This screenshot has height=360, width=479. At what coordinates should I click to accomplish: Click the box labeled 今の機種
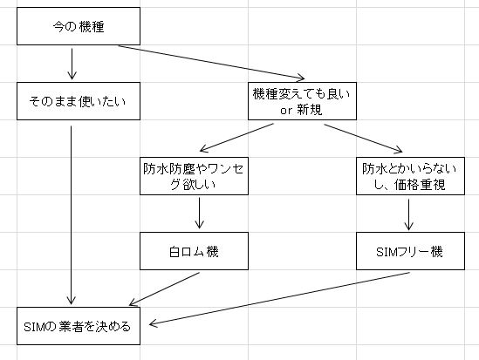[x=79, y=27]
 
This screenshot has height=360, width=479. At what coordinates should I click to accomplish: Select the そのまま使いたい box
[x=79, y=101]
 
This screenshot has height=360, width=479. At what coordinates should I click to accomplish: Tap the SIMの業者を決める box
[x=79, y=327]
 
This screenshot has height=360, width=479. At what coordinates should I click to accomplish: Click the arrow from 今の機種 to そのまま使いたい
[x=70, y=64]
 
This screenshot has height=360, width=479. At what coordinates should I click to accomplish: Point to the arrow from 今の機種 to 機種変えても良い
[x=209, y=64]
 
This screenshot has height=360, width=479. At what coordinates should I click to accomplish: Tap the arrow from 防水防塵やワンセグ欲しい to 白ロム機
[x=201, y=214]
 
